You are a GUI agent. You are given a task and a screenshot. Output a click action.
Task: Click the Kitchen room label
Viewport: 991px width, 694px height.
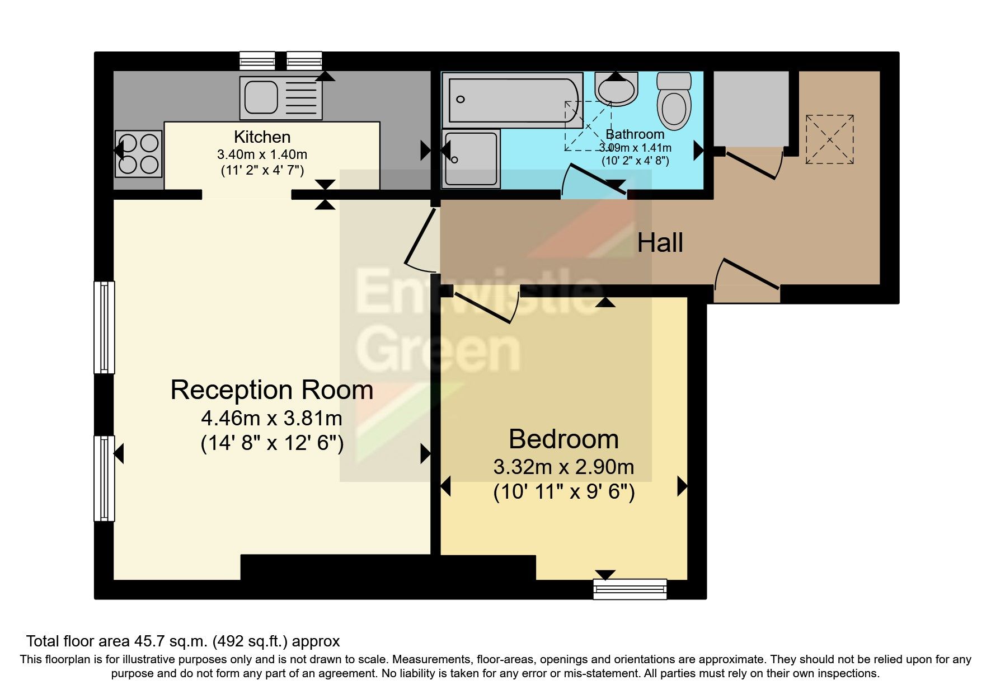(262, 137)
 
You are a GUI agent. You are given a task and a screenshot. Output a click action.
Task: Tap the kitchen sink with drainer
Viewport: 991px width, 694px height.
(281, 98)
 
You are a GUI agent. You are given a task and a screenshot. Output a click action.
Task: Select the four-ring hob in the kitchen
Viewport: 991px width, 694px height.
(138, 153)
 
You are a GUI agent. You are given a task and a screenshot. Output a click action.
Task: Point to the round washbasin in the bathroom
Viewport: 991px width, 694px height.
(616, 88)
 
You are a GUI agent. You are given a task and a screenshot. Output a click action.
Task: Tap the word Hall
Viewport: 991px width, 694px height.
(660, 243)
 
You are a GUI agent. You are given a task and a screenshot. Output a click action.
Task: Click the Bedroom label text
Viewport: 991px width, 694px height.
(563, 439)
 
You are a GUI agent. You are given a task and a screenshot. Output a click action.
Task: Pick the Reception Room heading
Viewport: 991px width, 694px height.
(272, 390)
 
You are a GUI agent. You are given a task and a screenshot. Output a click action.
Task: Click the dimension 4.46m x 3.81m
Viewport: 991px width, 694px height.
(272, 418)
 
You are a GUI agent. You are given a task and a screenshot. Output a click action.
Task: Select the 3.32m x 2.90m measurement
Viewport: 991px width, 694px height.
(563, 467)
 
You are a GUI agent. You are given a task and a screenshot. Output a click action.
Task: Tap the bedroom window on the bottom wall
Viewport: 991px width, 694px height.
(630, 589)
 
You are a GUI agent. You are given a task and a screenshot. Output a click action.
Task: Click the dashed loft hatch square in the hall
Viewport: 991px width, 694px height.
(829, 139)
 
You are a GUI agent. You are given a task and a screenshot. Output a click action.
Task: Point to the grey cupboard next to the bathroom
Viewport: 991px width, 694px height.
(751, 107)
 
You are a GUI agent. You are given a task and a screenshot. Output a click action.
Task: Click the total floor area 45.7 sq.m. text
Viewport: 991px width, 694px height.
(183, 641)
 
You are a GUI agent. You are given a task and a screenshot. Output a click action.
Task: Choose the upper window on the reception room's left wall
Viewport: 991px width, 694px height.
(104, 327)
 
